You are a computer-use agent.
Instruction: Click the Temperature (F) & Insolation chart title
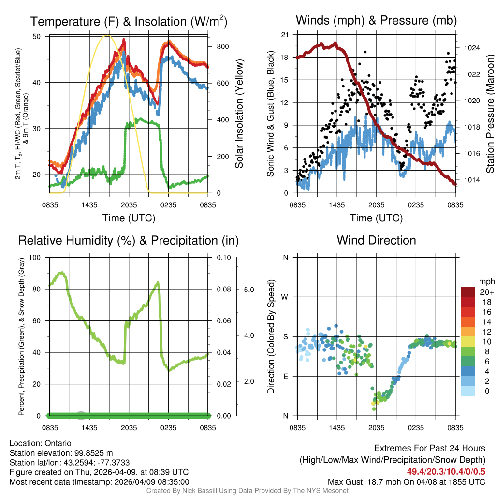pyautogui.click(x=129, y=21)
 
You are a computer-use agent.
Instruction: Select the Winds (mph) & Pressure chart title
pyautogui.click(x=376, y=20)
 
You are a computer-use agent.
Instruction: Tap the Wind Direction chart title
pyautogui.click(x=376, y=240)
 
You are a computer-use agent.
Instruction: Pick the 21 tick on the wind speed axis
pyautogui.click(x=285, y=35)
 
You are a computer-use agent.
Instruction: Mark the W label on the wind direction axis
pyautogui.click(x=285, y=297)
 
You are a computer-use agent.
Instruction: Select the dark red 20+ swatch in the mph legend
pyautogui.click(x=468, y=292)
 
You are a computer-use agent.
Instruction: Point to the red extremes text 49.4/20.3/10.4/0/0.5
pyautogui.click(x=446, y=472)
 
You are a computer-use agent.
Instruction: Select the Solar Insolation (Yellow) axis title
pyautogui.click(x=239, y=114)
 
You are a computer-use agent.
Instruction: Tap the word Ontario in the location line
pyautogui.click(x=58, y=443)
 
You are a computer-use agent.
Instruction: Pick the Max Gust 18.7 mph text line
pyautogui.click(x=406, y=482)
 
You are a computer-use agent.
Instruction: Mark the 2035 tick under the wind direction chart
pyautogui.click(x=376, y=427)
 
